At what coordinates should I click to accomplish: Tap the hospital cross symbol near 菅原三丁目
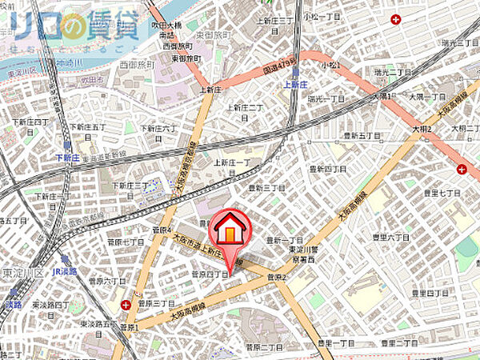pos(127,304)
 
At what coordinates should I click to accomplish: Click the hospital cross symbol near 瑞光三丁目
pos(395,19)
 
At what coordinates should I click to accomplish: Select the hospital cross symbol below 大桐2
pos(462,168)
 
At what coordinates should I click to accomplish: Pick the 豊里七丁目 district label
pos(442,193)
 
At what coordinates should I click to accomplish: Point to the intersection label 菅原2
pos(277,278)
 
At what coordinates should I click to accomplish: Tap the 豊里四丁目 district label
pos(430,294)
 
